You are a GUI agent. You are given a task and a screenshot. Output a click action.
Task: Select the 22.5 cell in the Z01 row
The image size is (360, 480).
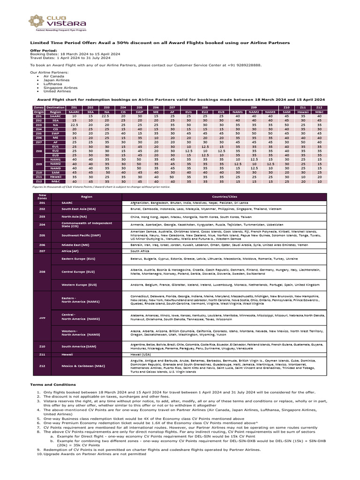(x=106, y=117)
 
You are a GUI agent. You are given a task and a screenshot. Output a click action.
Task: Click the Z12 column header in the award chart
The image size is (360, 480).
(x=319, y=108)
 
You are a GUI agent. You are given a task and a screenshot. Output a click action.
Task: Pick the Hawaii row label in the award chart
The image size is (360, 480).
(x=56, y=177)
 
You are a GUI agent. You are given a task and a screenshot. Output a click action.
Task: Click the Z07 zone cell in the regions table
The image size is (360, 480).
(x=42, y=251)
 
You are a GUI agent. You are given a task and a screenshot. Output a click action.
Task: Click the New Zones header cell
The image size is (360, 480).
(x=42, y=197)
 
